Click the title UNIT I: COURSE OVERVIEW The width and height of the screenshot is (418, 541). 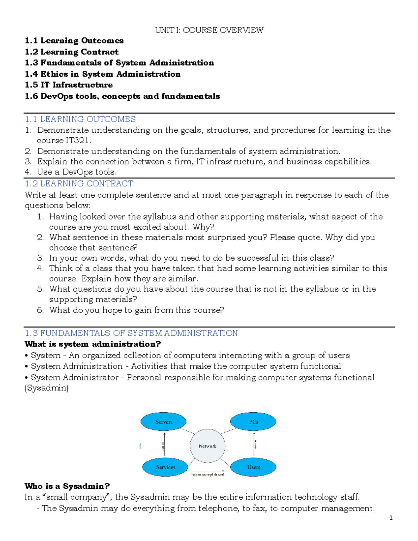click(x=209, y=30)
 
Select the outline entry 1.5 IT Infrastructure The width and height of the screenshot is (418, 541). click(x=69, y=85)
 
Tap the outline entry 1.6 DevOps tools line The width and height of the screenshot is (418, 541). click(x=122, y=96)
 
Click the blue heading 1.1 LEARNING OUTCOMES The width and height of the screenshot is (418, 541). click(x=80, y=119)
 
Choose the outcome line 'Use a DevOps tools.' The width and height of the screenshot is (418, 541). click(x=77, y=172)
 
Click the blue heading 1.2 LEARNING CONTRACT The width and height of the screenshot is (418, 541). click(x=79, y=184)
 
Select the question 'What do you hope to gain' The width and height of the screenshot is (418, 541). click(x=137, y=310)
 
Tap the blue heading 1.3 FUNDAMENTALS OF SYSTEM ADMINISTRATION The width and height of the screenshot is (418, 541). click(x=131, y=333)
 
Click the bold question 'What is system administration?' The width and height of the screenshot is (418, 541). click(x=93, y=344)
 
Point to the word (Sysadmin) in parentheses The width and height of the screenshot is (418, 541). click(x=46, y=388)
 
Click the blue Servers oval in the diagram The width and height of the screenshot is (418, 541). click(x=164, y=422)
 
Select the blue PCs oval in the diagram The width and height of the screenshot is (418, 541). click(x=253, y=422)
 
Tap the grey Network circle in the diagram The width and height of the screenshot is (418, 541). click(x=208, y=446)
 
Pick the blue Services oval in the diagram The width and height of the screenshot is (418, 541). click(x=165, y=467)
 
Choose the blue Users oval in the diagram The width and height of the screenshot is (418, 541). click(x=254, y=467)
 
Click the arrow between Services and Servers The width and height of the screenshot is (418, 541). click(x=164, y=445)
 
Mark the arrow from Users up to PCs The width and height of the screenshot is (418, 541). click(x=254, y=444)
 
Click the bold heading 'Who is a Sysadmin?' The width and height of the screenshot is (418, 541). click(x=67, y=486)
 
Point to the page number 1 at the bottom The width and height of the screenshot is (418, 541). click(x=391, y=518)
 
